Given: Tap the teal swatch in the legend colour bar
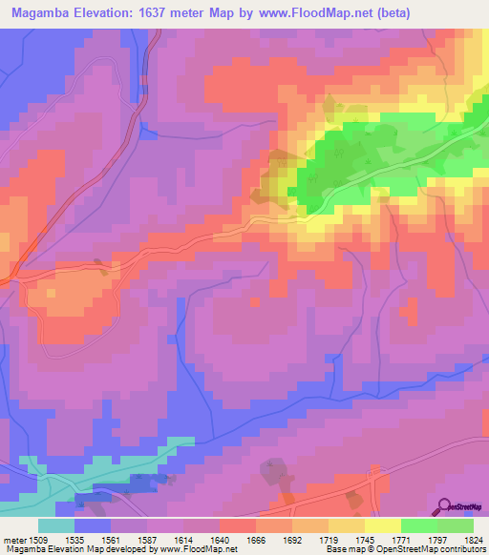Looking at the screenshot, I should (x=56, y=525).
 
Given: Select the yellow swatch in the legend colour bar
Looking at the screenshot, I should (x=382, y=525).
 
